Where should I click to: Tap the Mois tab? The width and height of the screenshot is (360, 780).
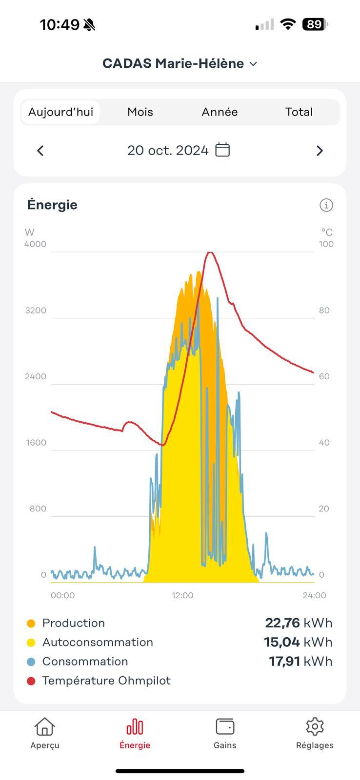pos(140,112)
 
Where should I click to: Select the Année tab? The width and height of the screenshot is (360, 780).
pos(220,112)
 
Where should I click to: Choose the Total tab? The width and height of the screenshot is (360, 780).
pos(299,112)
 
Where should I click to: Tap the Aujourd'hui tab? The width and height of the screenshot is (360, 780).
pos(60,112)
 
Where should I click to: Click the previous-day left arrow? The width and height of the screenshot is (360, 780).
pos(40,151)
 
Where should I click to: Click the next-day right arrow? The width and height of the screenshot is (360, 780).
pos(320,151)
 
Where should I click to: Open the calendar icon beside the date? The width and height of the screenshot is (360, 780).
pos(222,150)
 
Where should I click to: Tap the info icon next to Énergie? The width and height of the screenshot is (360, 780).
pos(326,205)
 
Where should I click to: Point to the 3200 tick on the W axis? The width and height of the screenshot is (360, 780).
pos(36,311)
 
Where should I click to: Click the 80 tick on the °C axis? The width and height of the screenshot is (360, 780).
pos(324,311)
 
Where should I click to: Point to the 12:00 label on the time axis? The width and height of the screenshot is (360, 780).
pos(182,595)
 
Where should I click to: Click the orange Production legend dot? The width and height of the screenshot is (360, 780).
pos(31,624)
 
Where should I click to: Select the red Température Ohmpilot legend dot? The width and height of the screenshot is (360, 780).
pos(31,681)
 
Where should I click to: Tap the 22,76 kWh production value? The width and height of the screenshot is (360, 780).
pos(298,623)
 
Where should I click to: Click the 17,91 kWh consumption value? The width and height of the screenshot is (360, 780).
pos(300,662)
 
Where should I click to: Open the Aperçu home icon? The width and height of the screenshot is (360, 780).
pos(44,727)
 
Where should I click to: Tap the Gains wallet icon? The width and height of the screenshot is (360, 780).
pos(225,726)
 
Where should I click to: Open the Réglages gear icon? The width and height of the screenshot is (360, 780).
pos(315,726)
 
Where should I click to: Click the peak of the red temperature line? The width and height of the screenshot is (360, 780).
pos(210,253)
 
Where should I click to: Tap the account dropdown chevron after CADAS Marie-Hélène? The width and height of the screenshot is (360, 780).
pos(253,64)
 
